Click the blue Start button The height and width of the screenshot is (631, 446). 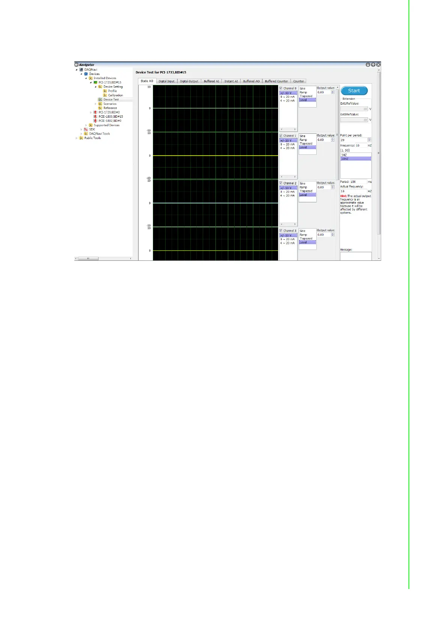tap(354, 91)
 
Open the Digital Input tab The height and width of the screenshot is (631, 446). tap(166, 81)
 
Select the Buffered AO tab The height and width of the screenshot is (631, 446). tap(251, 81)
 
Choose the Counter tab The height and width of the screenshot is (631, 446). tap(299, 81)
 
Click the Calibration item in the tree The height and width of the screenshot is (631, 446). tap(115, 95)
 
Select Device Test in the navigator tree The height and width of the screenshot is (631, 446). tap(111, 100)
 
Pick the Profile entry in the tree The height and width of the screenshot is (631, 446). tap(112, 91)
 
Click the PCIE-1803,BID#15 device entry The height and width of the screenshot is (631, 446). tap(111, 117)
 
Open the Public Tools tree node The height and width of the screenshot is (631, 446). tap(92, 138)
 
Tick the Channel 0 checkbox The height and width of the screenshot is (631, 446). tap(281, 88)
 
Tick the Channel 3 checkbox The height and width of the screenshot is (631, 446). tap(281, 231)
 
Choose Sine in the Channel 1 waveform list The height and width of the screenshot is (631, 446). tap(302, 136)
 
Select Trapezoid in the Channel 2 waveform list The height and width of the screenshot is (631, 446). tap(306, 191)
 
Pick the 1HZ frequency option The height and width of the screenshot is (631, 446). tap(344, 155)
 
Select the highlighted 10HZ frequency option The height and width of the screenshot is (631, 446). tap(345, 159)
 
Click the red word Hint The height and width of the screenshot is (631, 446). tap(343, 196)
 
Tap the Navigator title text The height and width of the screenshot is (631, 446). tap(87, 65)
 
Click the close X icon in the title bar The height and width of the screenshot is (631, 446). tap(379, 65)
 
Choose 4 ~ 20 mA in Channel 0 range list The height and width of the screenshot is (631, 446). tap(287, 101)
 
